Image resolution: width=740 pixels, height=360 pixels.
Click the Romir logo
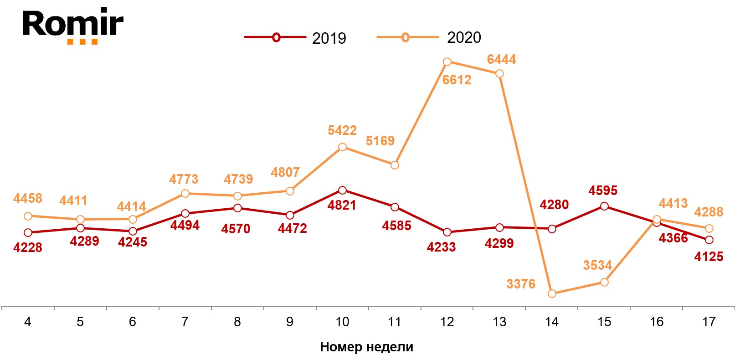(x=73, y=25)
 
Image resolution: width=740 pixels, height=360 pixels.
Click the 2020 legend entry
(x=429, y=37)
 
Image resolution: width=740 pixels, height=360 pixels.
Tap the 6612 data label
(x=457, y=80)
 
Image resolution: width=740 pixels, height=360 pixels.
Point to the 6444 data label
(x=501, y=59)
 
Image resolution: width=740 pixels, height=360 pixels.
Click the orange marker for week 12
(x=447, y=62)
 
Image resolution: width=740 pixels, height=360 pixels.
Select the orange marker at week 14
(x=552, y=293)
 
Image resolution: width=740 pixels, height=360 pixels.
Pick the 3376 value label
(x=521, y=284)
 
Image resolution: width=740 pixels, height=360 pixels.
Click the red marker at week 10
(x=342, y=190)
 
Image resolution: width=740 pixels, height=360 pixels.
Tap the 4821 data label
(x=342, y=205)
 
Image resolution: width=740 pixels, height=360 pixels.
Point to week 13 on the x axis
(x=499, y=322)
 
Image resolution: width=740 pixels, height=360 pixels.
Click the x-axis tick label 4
(x=28, y=322)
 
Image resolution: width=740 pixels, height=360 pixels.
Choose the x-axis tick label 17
(x=709, y=322)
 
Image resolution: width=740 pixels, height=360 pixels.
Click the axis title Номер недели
(x=366, y=347)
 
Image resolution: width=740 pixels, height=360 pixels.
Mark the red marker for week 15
(x=604, y=206)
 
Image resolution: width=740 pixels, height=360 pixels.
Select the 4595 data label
(x=602, y=190)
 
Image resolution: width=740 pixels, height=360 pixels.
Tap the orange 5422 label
(x=342, y=130)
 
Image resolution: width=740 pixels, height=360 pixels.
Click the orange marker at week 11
(x=395, y=165)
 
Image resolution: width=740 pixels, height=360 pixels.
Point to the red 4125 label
(x=709, y=257)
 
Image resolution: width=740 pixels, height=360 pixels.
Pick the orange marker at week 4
(x=28, y=216)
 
